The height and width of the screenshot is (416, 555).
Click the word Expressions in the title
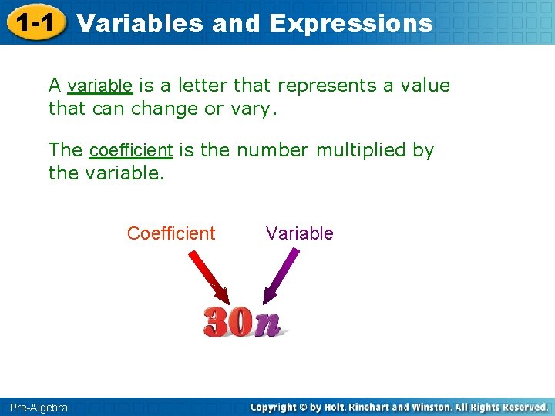point(351,23)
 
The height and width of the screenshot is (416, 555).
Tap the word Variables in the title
point(140,23)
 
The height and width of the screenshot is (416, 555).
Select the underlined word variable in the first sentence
point(100,86)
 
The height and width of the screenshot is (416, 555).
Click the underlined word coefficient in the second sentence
point(130,150)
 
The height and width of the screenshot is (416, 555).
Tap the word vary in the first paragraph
point(251,109)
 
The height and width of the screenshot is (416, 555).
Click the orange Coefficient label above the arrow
point(171,233)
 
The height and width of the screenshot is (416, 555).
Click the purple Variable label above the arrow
point(299,233)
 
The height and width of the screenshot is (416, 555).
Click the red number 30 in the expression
point(227,322)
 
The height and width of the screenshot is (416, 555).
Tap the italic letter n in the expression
point(267,324)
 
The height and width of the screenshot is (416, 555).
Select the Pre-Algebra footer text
point(39,407)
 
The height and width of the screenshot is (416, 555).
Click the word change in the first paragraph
point(164,109)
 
